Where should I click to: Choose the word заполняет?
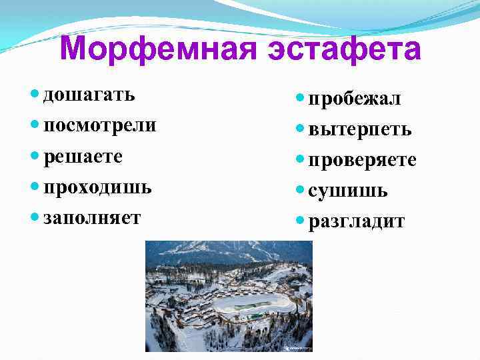pyautogui.click(x=92, y=219)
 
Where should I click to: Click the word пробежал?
pyautogui.click(x=355, y=99)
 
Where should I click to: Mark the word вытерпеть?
pyautogui.click(x=360, y=129)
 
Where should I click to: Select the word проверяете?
pyautogui.click(x=363, y=161)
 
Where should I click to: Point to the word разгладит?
pyautogui.click(x=357, y=222)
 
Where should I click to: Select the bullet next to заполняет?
pyautogui.click(x=36, y=219)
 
